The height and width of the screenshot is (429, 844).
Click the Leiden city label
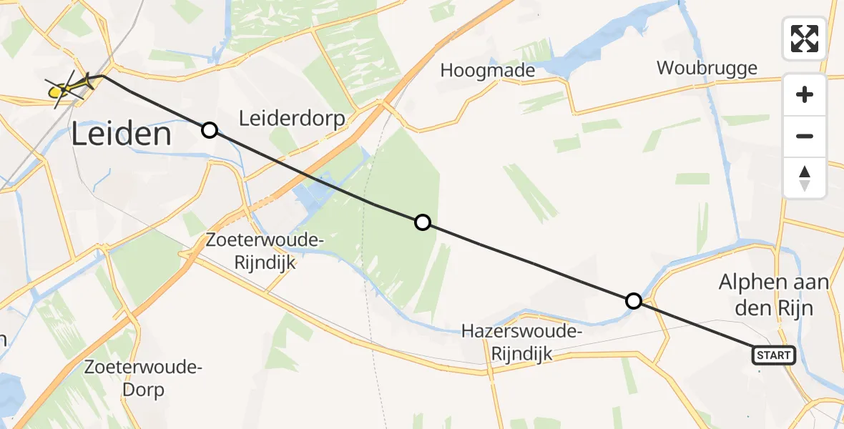tap(122, 134)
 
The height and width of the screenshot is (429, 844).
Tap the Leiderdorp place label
tap(293, 118)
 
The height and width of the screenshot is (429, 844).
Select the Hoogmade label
tap(488, 70)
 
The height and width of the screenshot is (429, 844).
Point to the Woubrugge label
tap(707, 69)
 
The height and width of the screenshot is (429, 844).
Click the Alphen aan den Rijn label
tap(774, 295)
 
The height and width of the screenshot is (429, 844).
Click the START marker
tap(773, 355)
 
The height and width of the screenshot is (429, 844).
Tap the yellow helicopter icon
tap(69, 89)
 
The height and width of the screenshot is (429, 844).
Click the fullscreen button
tap(805, 39)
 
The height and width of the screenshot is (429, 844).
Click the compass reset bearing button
tap(805, 177)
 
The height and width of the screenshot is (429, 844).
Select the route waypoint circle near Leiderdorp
tap(209, 129)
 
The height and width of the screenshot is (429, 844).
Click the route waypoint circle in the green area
tap(423, 222)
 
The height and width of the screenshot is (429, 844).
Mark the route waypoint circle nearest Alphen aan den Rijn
tap(633, 301)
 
